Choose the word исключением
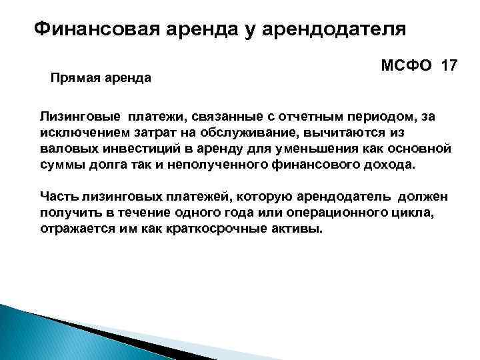pos(82,131)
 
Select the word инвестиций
pos(134,147)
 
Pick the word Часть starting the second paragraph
pos(59,198)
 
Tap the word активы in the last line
pos(301,229)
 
